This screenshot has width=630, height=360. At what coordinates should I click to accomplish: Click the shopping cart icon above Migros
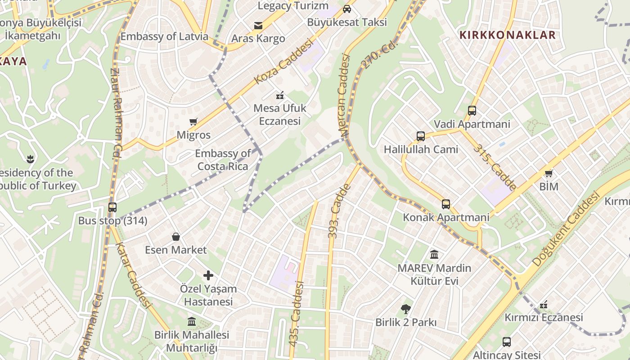click(193, 121)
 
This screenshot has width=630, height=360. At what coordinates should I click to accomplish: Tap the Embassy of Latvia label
click(164, 36)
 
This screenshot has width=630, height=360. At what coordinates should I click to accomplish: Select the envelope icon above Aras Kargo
click(258, 26)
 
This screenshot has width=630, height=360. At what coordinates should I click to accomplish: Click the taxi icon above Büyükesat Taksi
click(347, 9)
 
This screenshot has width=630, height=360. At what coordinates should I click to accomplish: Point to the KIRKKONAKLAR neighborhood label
click(507, 35)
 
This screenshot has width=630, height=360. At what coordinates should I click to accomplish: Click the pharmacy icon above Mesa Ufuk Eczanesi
click(280, 95)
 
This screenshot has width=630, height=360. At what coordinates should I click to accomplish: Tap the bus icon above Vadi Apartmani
click(472, 111)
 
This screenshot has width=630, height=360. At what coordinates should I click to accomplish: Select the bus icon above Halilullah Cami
click(421, 136)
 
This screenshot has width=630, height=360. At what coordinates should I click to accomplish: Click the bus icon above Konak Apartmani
click(445, 204)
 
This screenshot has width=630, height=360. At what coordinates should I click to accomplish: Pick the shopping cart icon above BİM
click(549, 173)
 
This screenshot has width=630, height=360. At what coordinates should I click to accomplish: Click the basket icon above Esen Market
click(176, 237)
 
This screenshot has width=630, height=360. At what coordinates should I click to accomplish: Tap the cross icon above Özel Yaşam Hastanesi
click(208, 275)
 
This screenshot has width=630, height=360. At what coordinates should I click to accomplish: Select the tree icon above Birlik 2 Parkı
click(406, 309)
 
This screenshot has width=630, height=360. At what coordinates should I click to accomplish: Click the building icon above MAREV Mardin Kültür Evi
click(434, 255)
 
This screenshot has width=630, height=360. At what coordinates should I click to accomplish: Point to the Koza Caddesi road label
click(283, 61)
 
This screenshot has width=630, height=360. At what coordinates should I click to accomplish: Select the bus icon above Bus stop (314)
click(112, 207)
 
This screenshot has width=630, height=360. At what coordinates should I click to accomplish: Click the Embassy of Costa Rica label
click(223, 160)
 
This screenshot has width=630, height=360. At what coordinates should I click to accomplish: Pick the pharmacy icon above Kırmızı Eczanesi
click(544, 305)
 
